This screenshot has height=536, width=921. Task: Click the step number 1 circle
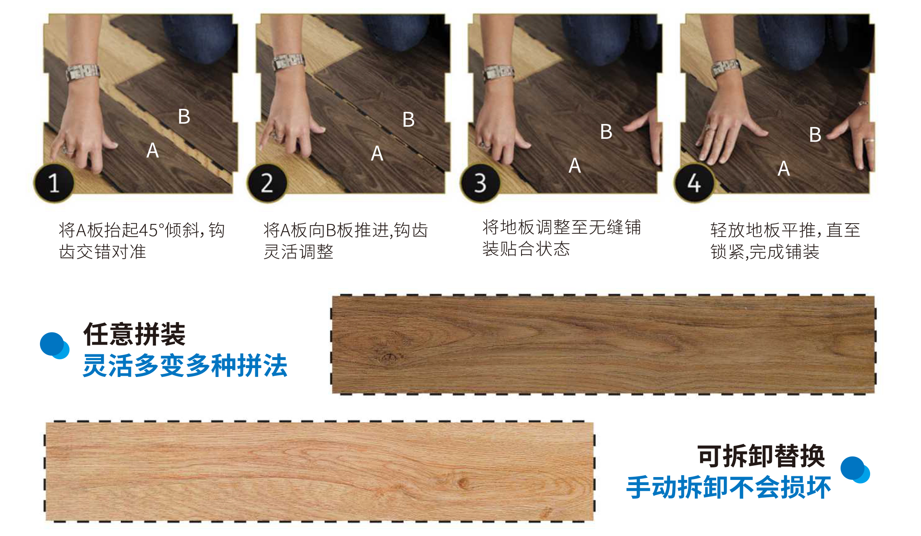coord(54,183)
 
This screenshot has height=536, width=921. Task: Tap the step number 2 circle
coord(267,183)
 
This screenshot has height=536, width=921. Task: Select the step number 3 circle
coord(480,183)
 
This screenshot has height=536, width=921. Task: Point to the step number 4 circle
coord(694,183)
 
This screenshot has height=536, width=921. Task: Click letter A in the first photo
coord(153,151)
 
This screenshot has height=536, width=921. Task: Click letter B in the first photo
coord(184,117)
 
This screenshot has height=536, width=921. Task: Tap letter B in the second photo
coord(409,119)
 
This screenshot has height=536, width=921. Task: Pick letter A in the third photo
coord(575,165)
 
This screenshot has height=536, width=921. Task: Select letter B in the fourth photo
coord(816,135)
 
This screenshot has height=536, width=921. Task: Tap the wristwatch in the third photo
coord(499,72)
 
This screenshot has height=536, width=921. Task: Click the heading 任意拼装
coord(134,334)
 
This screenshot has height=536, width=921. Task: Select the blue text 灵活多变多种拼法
coord(185,366)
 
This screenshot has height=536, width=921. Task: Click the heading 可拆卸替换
coord(761,456)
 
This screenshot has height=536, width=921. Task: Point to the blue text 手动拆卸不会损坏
coord(728,487)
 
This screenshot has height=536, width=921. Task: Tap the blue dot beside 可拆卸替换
coord(855,469)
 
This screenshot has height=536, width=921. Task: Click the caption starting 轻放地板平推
coord(785,241)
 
